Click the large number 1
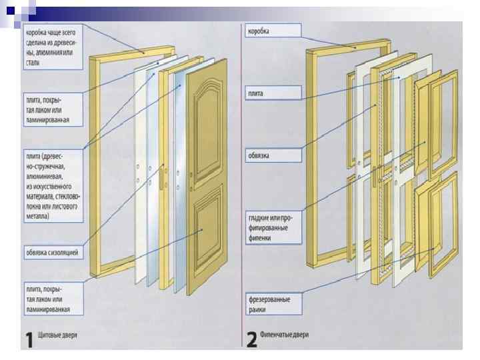pos(29,339)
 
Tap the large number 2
pos(251,339)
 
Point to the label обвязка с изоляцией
pos(53,252)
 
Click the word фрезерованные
pos(269,299)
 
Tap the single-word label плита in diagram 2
pos(254,93)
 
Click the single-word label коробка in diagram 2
pos(259,31)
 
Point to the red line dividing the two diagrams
pos(241,187)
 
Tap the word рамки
pos(258,309)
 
